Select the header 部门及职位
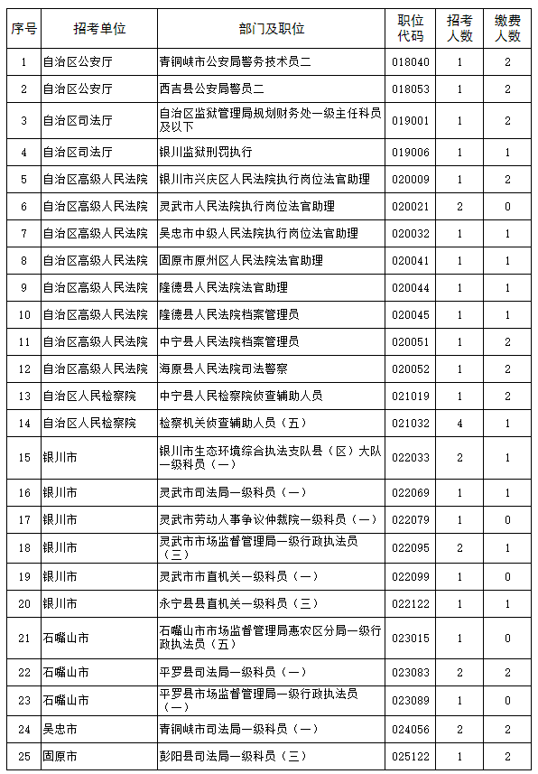272,29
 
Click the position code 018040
411,62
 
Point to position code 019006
411,153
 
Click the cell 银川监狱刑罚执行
206,153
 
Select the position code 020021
411,207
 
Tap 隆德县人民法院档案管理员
229,315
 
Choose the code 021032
411,423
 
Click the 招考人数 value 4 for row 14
459,423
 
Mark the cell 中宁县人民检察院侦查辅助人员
241,396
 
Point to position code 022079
411,520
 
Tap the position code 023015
411,638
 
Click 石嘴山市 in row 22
66,673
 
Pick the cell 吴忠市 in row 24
60,728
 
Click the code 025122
411,755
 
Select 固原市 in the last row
60,755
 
